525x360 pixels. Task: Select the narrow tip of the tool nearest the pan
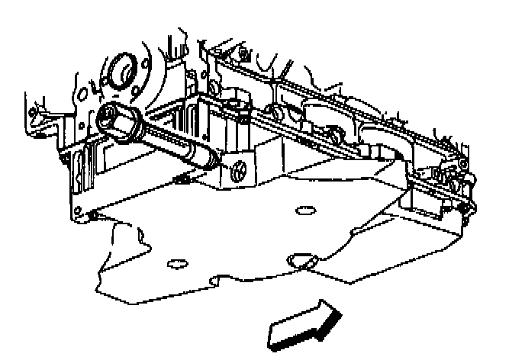pyautogui.click(x=210, y=160)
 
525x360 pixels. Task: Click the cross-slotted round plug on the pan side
pyautogui.click(x=237, y=170)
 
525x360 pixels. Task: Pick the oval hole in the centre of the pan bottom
pyautogui.click(x=304, y=207)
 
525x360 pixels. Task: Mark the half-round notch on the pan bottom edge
pyautogui.click(x=303, y=262)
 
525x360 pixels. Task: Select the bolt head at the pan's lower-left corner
pyautogui.click(x=94, y=217)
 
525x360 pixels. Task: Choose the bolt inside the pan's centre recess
pyautogui.click(x=336, y=138)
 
